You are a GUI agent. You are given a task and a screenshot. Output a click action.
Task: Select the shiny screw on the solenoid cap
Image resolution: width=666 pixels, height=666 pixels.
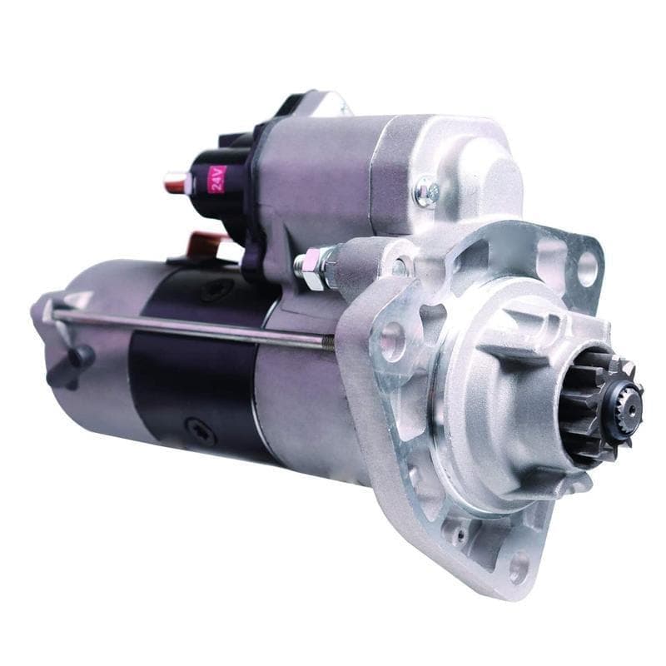[x=427, y=192]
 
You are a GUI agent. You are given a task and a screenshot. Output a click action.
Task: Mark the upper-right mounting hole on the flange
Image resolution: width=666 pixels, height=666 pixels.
[x=587, y=269]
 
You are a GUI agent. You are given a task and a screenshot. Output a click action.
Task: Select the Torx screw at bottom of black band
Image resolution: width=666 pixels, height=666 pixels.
[x=200, y=431]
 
